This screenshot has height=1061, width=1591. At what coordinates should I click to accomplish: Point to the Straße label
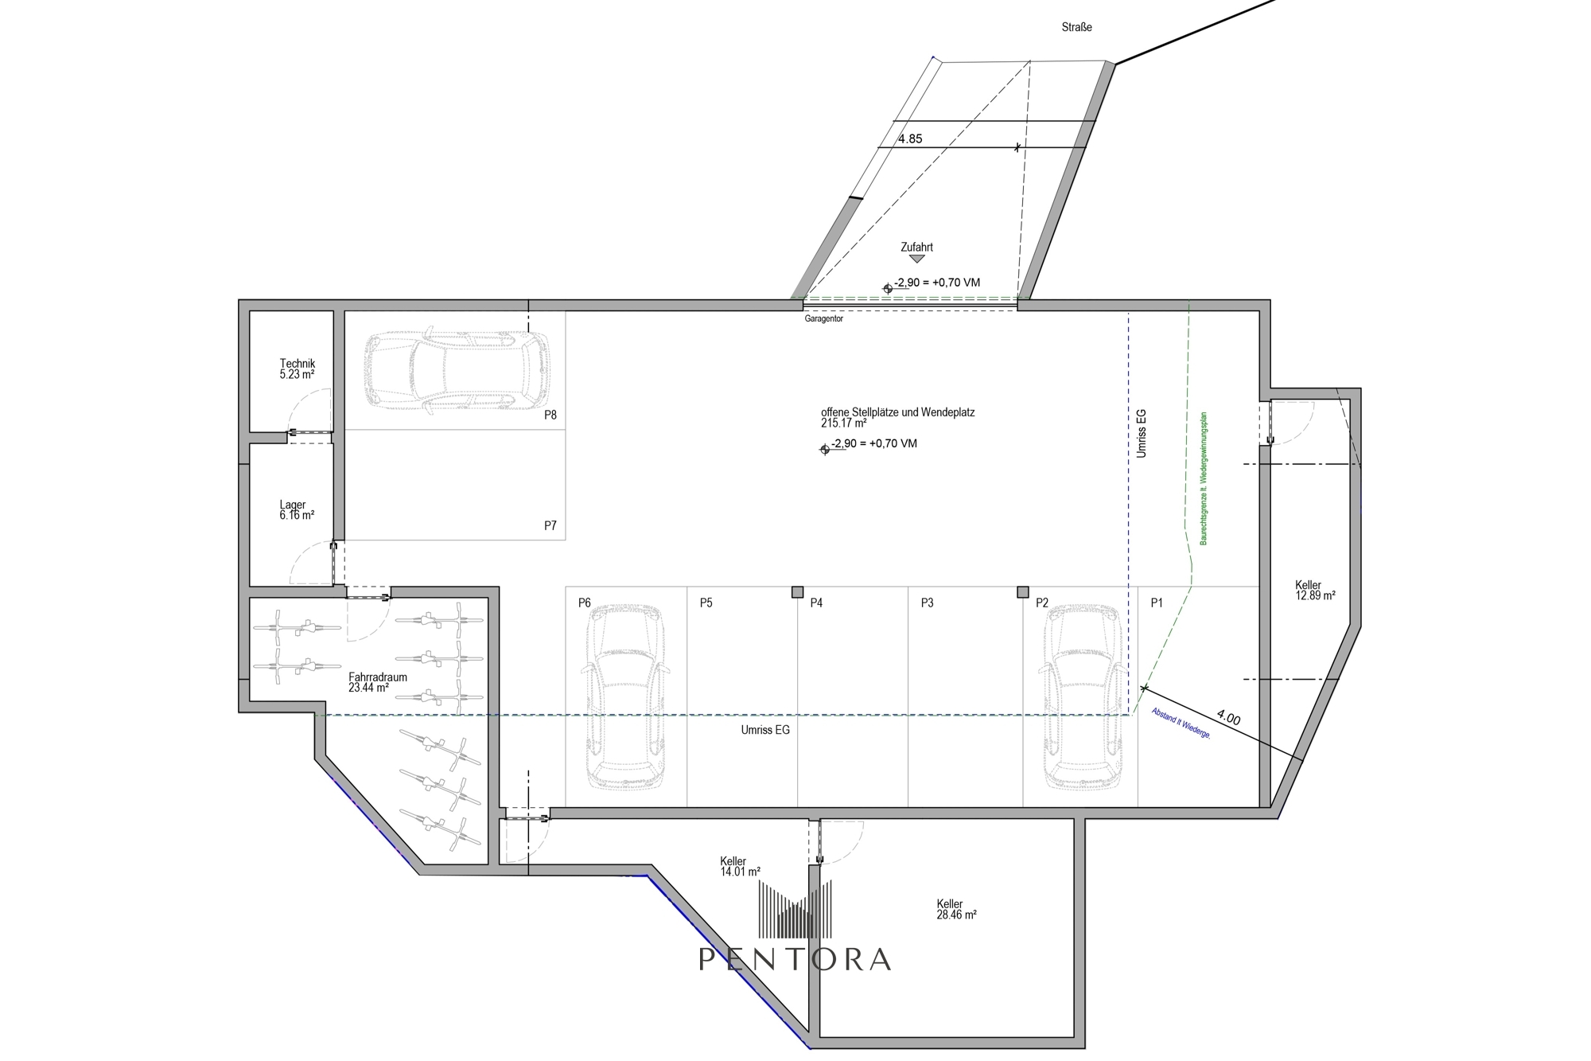tap(1077, 27)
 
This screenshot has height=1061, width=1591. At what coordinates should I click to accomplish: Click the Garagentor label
tap(823, 319)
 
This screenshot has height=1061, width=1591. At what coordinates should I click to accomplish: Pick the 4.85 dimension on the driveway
tap(910, 138)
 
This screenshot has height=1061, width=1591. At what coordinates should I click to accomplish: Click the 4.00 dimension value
tap(1229, 717)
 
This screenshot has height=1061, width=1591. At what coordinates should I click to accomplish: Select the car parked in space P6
tap(625, 697)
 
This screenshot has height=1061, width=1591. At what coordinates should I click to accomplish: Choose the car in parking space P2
tap(1083, 697)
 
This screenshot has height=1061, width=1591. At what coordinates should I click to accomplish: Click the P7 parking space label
tap(550, 525)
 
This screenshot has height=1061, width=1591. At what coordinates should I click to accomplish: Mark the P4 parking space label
tap(816, 603)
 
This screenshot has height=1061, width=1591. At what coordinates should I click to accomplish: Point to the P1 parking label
tap(1157, 603)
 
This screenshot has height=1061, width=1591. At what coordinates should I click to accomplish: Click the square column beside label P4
tap(797, 592)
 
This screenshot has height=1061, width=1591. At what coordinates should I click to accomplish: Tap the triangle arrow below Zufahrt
tap(916, 259)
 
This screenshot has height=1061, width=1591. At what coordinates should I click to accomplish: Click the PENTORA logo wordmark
tap(795, 959)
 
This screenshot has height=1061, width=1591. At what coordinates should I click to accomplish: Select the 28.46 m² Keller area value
tap(956, 915)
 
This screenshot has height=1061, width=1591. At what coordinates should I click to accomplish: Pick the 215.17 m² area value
tap(844, 423)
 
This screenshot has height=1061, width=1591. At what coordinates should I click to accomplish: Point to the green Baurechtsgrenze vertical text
tap(1204, 478)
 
